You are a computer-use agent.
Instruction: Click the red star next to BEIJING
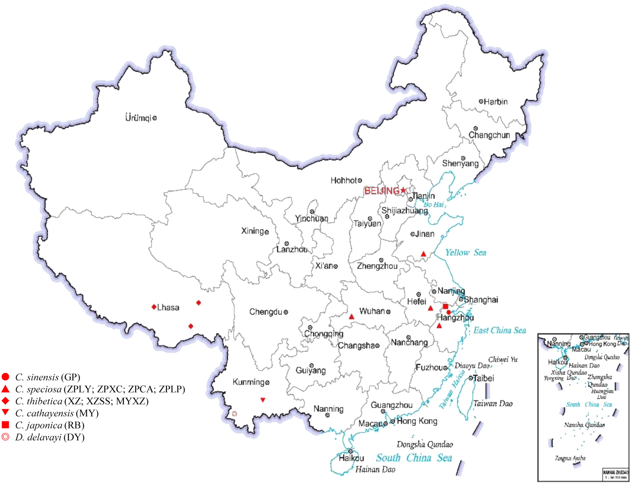tap(403, 191)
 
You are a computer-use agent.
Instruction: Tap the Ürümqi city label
tap(138, 118)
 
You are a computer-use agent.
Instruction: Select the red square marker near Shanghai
tap(445, 306)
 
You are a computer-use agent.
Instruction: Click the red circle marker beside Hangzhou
tap(449, 312)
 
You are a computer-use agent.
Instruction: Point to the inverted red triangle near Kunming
tap(263, 400)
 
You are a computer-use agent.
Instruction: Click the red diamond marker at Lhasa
tap(154, 307)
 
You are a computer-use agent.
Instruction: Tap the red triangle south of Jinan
tap(424, 254)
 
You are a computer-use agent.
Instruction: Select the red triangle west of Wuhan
tap(352, 317)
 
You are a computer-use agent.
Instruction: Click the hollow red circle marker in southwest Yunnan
tap(234, 414)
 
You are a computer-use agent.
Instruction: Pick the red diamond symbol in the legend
tap(5, 401)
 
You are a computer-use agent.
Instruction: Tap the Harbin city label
tap(496, 102)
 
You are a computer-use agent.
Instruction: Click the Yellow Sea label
tap(466, 252)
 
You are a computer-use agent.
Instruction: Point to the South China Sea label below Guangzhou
tap(414, 458)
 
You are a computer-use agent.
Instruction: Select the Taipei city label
tap(483, 378)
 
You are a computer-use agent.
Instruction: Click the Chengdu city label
tap(265, 312)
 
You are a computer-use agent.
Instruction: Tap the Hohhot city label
tap(344, 180)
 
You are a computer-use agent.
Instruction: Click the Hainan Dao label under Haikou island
tap(375, 470)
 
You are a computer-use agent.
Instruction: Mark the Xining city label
tap(252, 231)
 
